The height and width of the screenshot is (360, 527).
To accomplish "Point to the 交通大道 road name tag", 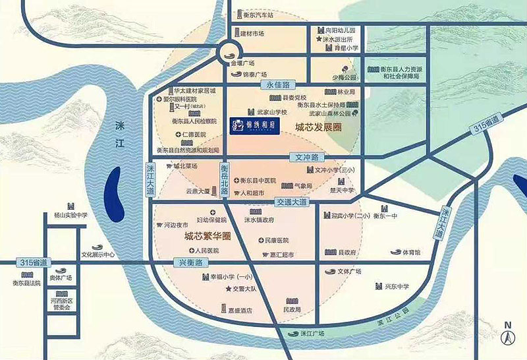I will pos(291,202).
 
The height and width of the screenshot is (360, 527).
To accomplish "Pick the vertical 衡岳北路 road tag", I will pos(225,178).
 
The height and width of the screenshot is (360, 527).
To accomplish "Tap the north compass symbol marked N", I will pos(508,335).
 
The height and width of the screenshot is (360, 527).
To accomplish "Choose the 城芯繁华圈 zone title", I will pos(207,235).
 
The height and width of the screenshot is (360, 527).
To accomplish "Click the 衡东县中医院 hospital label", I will pos(258,180).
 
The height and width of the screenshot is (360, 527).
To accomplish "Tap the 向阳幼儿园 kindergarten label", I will pos(340,30).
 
